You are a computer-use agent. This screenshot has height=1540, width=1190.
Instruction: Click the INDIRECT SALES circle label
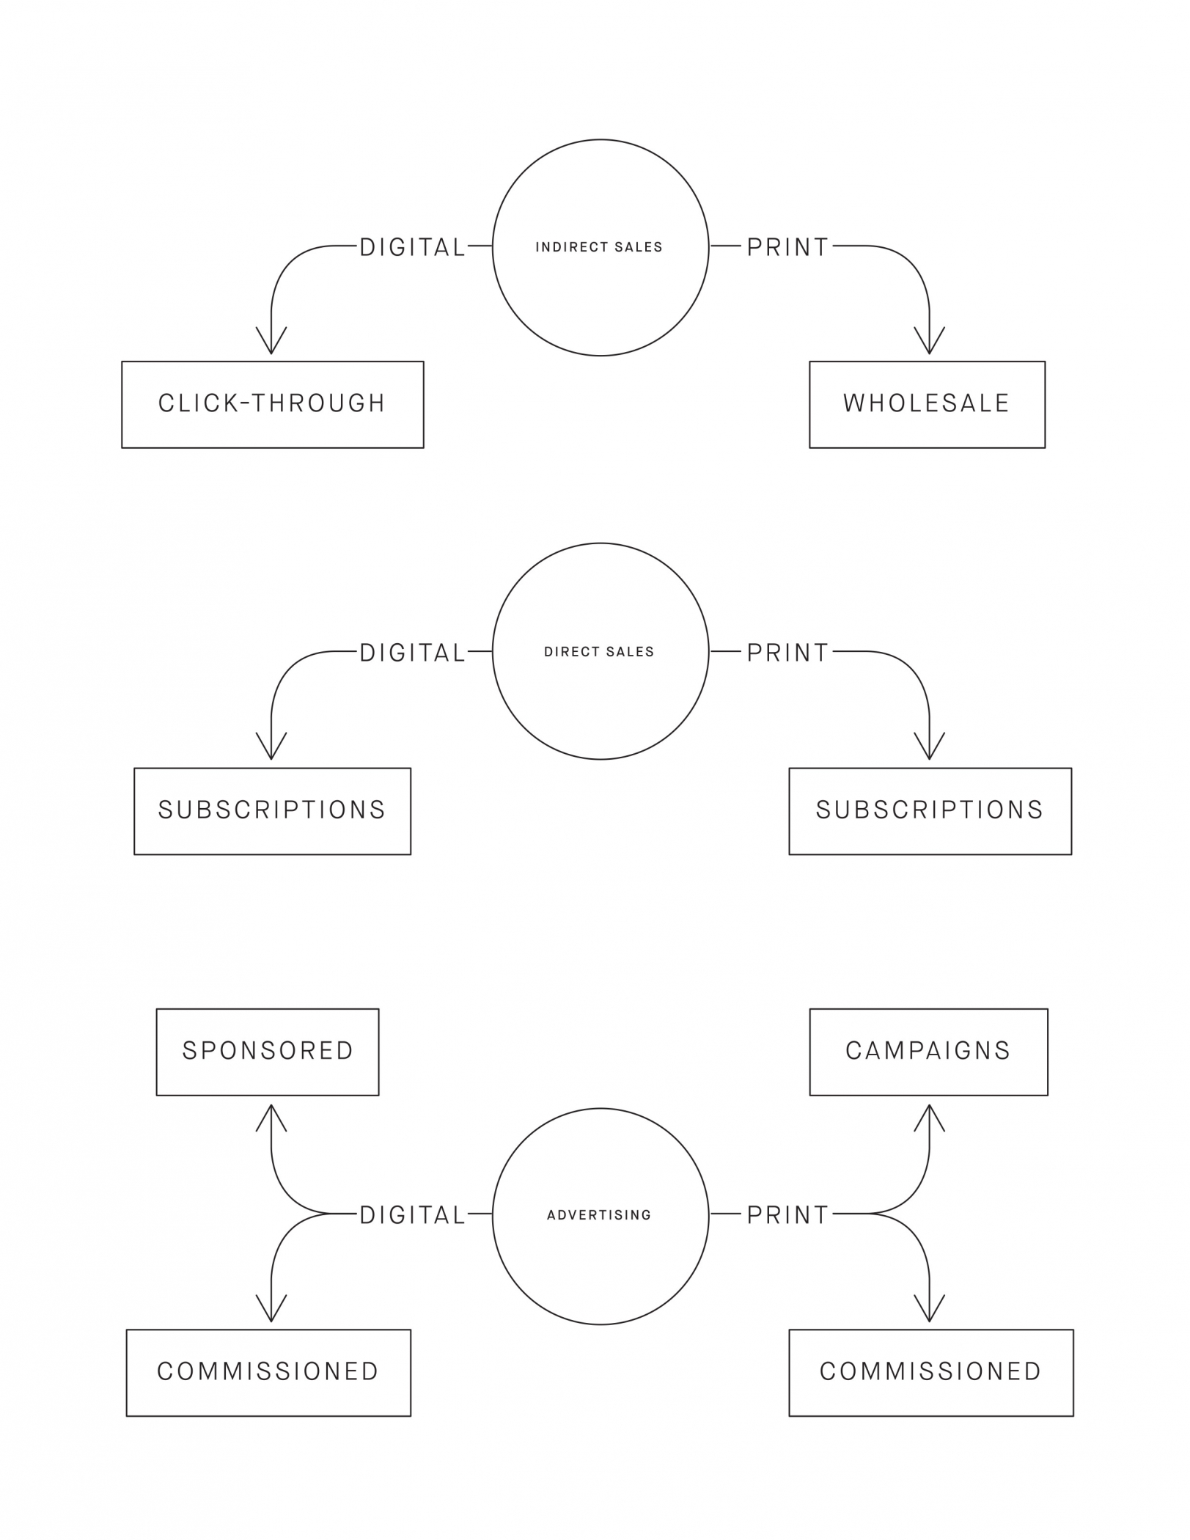pyautogui.click(x=599, y=247)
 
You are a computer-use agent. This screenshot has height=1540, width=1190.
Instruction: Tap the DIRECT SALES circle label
pyautogui.click(x=599, y=652)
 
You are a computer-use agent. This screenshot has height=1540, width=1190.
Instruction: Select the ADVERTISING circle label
pyautogui.click(x=599, y=1215)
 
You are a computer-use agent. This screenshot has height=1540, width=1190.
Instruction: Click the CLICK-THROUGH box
pyautogui.click(x=272, y=404)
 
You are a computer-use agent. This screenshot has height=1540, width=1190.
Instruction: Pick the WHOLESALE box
pyautogui.click(x=927, y=404)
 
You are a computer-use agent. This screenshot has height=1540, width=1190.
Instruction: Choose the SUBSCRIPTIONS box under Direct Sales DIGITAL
pyautogui.click(x=272, y=811)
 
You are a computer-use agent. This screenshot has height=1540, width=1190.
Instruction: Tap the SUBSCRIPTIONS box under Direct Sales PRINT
pyautogui.click(x=930, y=811)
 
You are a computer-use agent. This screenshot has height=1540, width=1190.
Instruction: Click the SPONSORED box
pyautogui.click(x=268, y=1052)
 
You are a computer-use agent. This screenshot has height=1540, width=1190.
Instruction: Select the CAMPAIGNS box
pyautogui.click(x=928, y=1052)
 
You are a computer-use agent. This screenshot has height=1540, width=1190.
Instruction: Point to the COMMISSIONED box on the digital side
pyautogui.click(x=268, y=1372)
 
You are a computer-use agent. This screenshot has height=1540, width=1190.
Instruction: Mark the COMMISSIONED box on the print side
pyautogui.click(x=930, y=1372)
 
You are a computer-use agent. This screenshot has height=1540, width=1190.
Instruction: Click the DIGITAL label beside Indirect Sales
pyautogui.click(x=413, y=248)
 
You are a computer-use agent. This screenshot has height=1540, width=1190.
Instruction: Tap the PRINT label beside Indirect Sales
pyautogui.click(x=788, y=248)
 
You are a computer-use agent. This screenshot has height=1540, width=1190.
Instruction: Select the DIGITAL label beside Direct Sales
pyautogui.click(x=413, y=653)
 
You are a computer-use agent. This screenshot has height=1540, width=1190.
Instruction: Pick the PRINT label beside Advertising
pyautogui.click(x=788, y=1215)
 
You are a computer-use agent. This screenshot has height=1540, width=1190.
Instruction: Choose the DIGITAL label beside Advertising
pyautogui.click(x=413, y=1215)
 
